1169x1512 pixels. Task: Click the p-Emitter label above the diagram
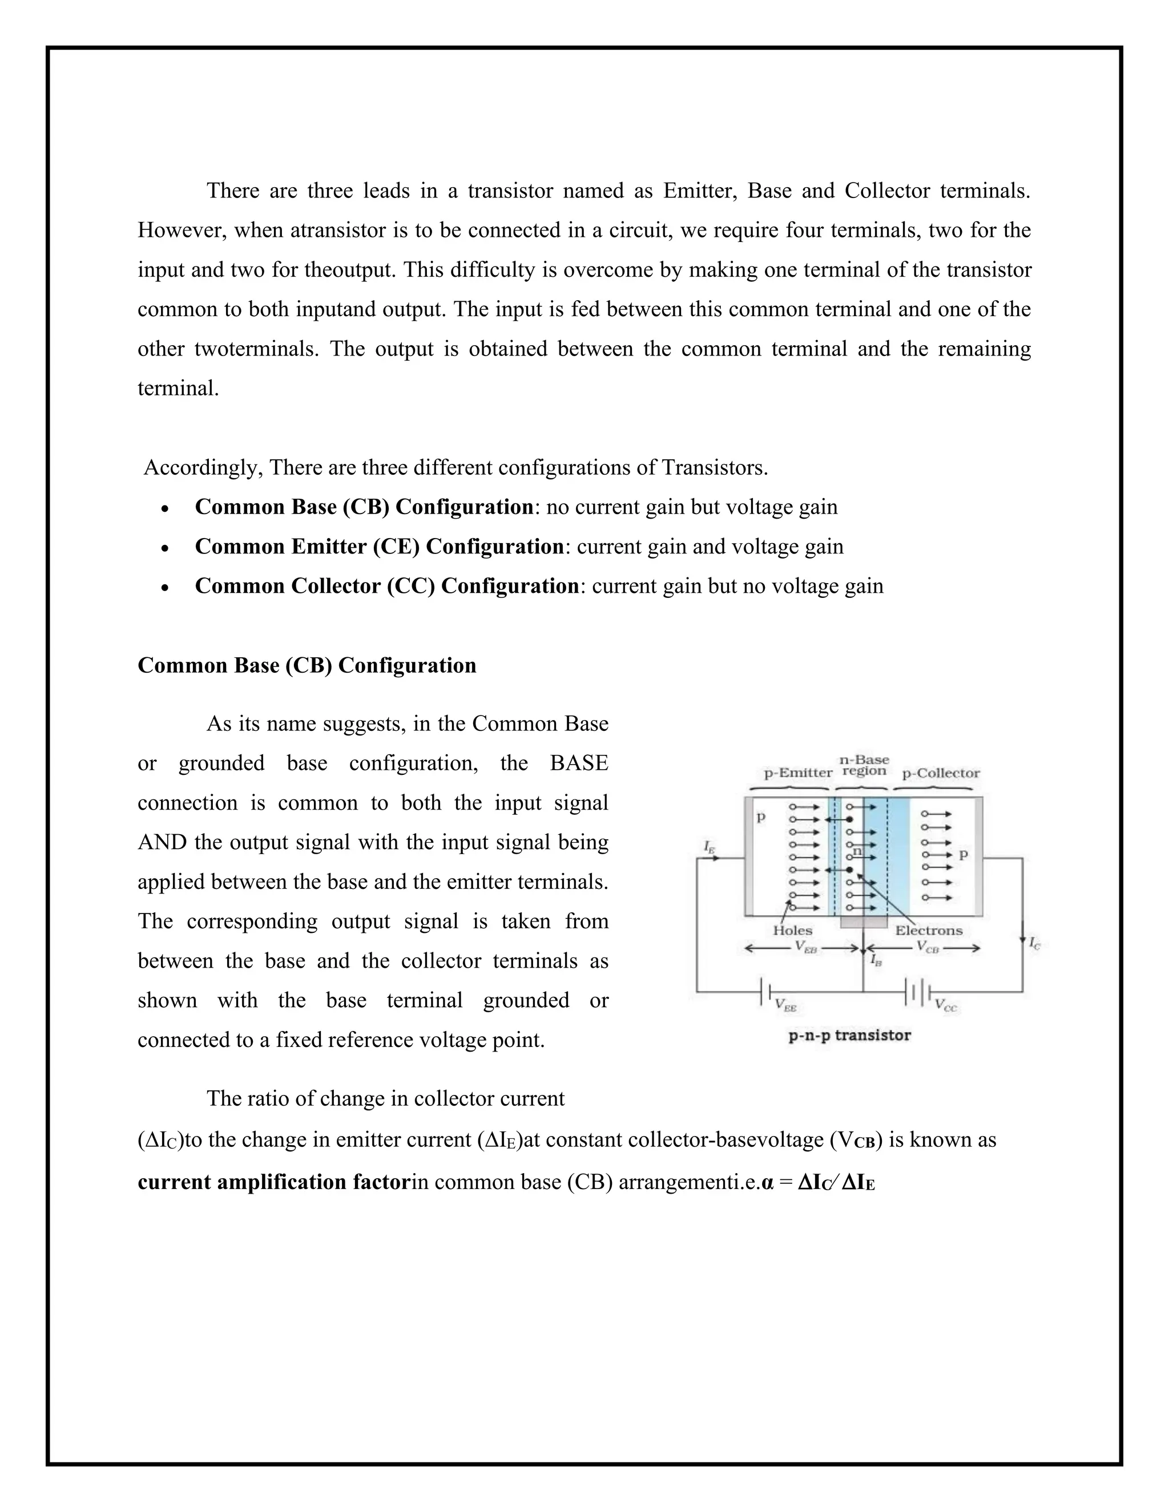coord(798,773)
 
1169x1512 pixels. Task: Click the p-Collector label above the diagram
coord(941,773)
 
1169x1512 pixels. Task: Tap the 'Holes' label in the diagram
coord(792,931)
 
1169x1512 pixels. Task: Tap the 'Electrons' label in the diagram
coord(929,931)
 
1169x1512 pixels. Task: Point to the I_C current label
coord(1034,943)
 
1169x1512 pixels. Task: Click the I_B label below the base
coord(876,960)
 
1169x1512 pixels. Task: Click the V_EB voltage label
coord(805,948)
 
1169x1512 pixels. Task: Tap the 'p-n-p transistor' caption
coord(850,1035)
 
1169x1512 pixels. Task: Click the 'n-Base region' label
coord(864,765)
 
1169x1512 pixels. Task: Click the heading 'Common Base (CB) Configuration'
coord(307,665)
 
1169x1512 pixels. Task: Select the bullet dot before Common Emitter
coord(164,548)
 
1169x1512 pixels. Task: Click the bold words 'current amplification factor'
coord(274,1182)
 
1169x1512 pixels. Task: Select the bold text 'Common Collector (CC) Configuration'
coord(386,587)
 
